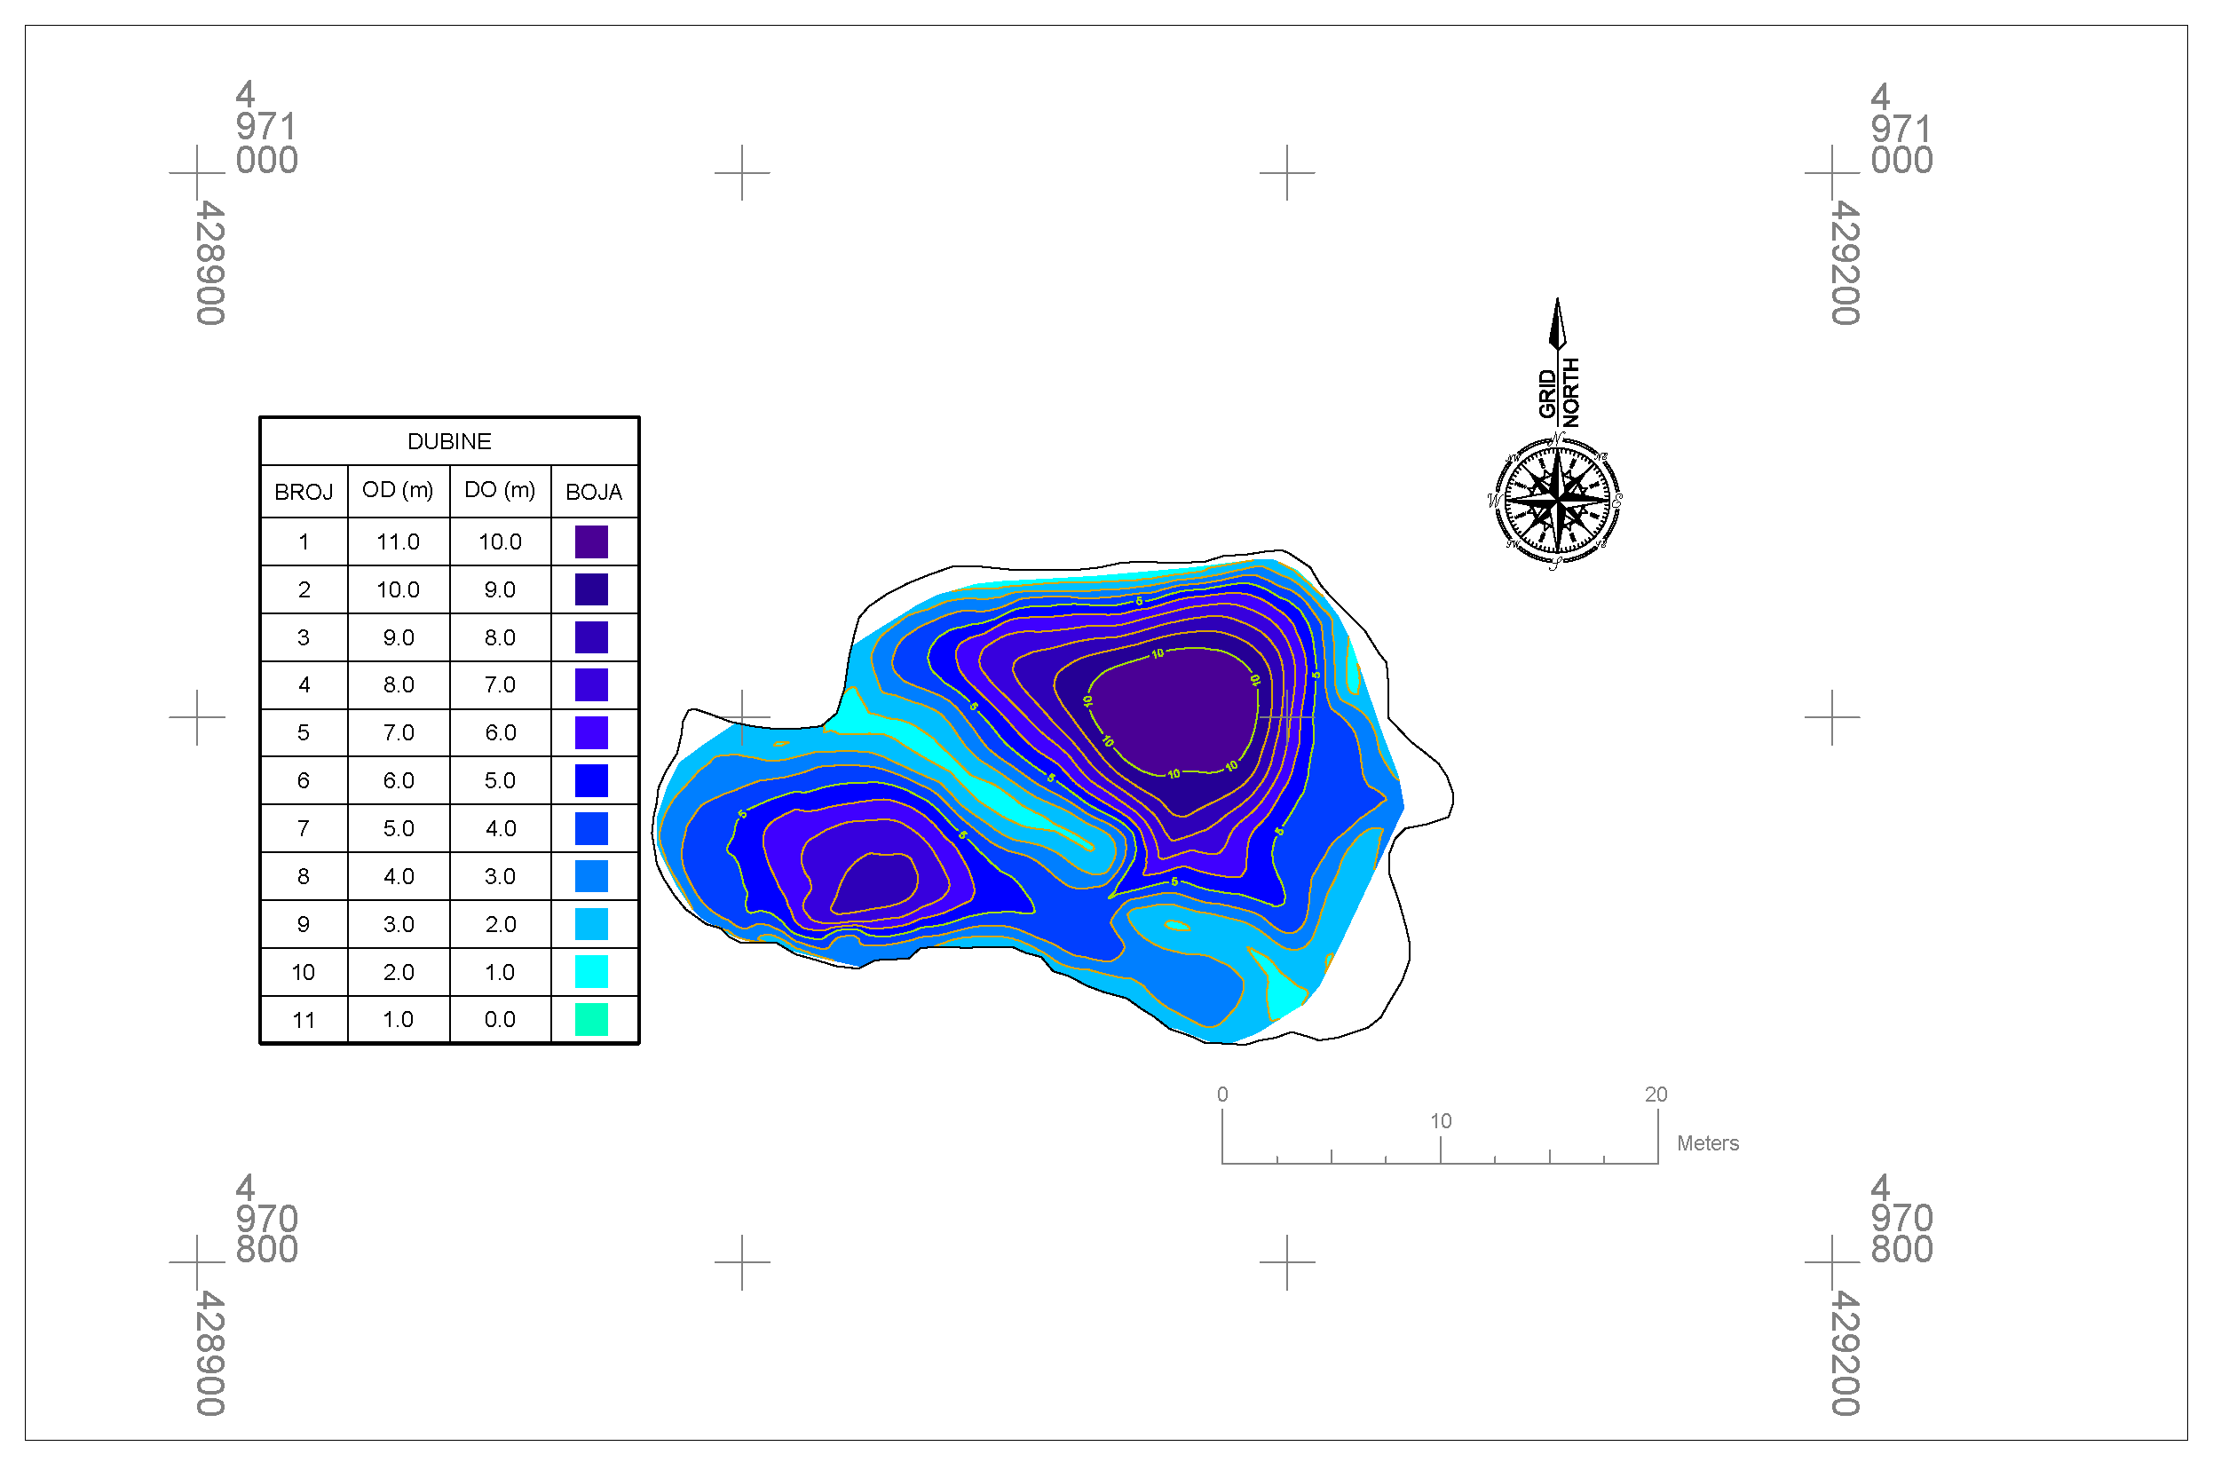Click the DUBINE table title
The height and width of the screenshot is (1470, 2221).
click(449, 441)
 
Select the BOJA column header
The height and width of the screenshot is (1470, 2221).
click(594, 492)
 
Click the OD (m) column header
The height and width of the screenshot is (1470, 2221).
click(398, 490)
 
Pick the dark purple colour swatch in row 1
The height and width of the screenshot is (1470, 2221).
click(590, 541)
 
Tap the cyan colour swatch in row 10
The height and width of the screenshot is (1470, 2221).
click(590, 972)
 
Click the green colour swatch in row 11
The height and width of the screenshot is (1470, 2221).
click(590, 1020)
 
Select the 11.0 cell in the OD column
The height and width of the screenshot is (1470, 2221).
click(398, 541)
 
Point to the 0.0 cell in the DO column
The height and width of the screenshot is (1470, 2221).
click(500, 1020)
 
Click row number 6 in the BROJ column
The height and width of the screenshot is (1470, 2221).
click(303, 781)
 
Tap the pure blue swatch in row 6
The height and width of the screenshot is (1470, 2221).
click(590, 781)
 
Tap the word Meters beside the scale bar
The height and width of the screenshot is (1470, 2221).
click(1707, 1143)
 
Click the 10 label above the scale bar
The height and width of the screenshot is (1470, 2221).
click(1440, 1121)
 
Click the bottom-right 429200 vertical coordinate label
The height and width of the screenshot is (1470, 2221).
click(1845, 1353)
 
